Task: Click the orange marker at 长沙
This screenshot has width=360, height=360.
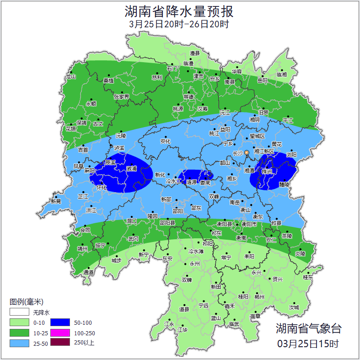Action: (247, 152)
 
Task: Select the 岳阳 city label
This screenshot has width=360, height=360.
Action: (262, 81)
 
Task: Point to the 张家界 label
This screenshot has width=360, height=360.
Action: (121, 97)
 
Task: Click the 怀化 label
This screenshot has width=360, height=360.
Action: (102, 188)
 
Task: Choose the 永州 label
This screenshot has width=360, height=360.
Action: (195, 264)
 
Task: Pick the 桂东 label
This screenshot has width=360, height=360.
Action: (308, 277)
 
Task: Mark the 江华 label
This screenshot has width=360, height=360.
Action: (183, 329)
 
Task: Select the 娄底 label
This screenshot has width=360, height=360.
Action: (205, 183)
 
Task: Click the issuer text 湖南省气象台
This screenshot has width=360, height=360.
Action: (308, 328)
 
